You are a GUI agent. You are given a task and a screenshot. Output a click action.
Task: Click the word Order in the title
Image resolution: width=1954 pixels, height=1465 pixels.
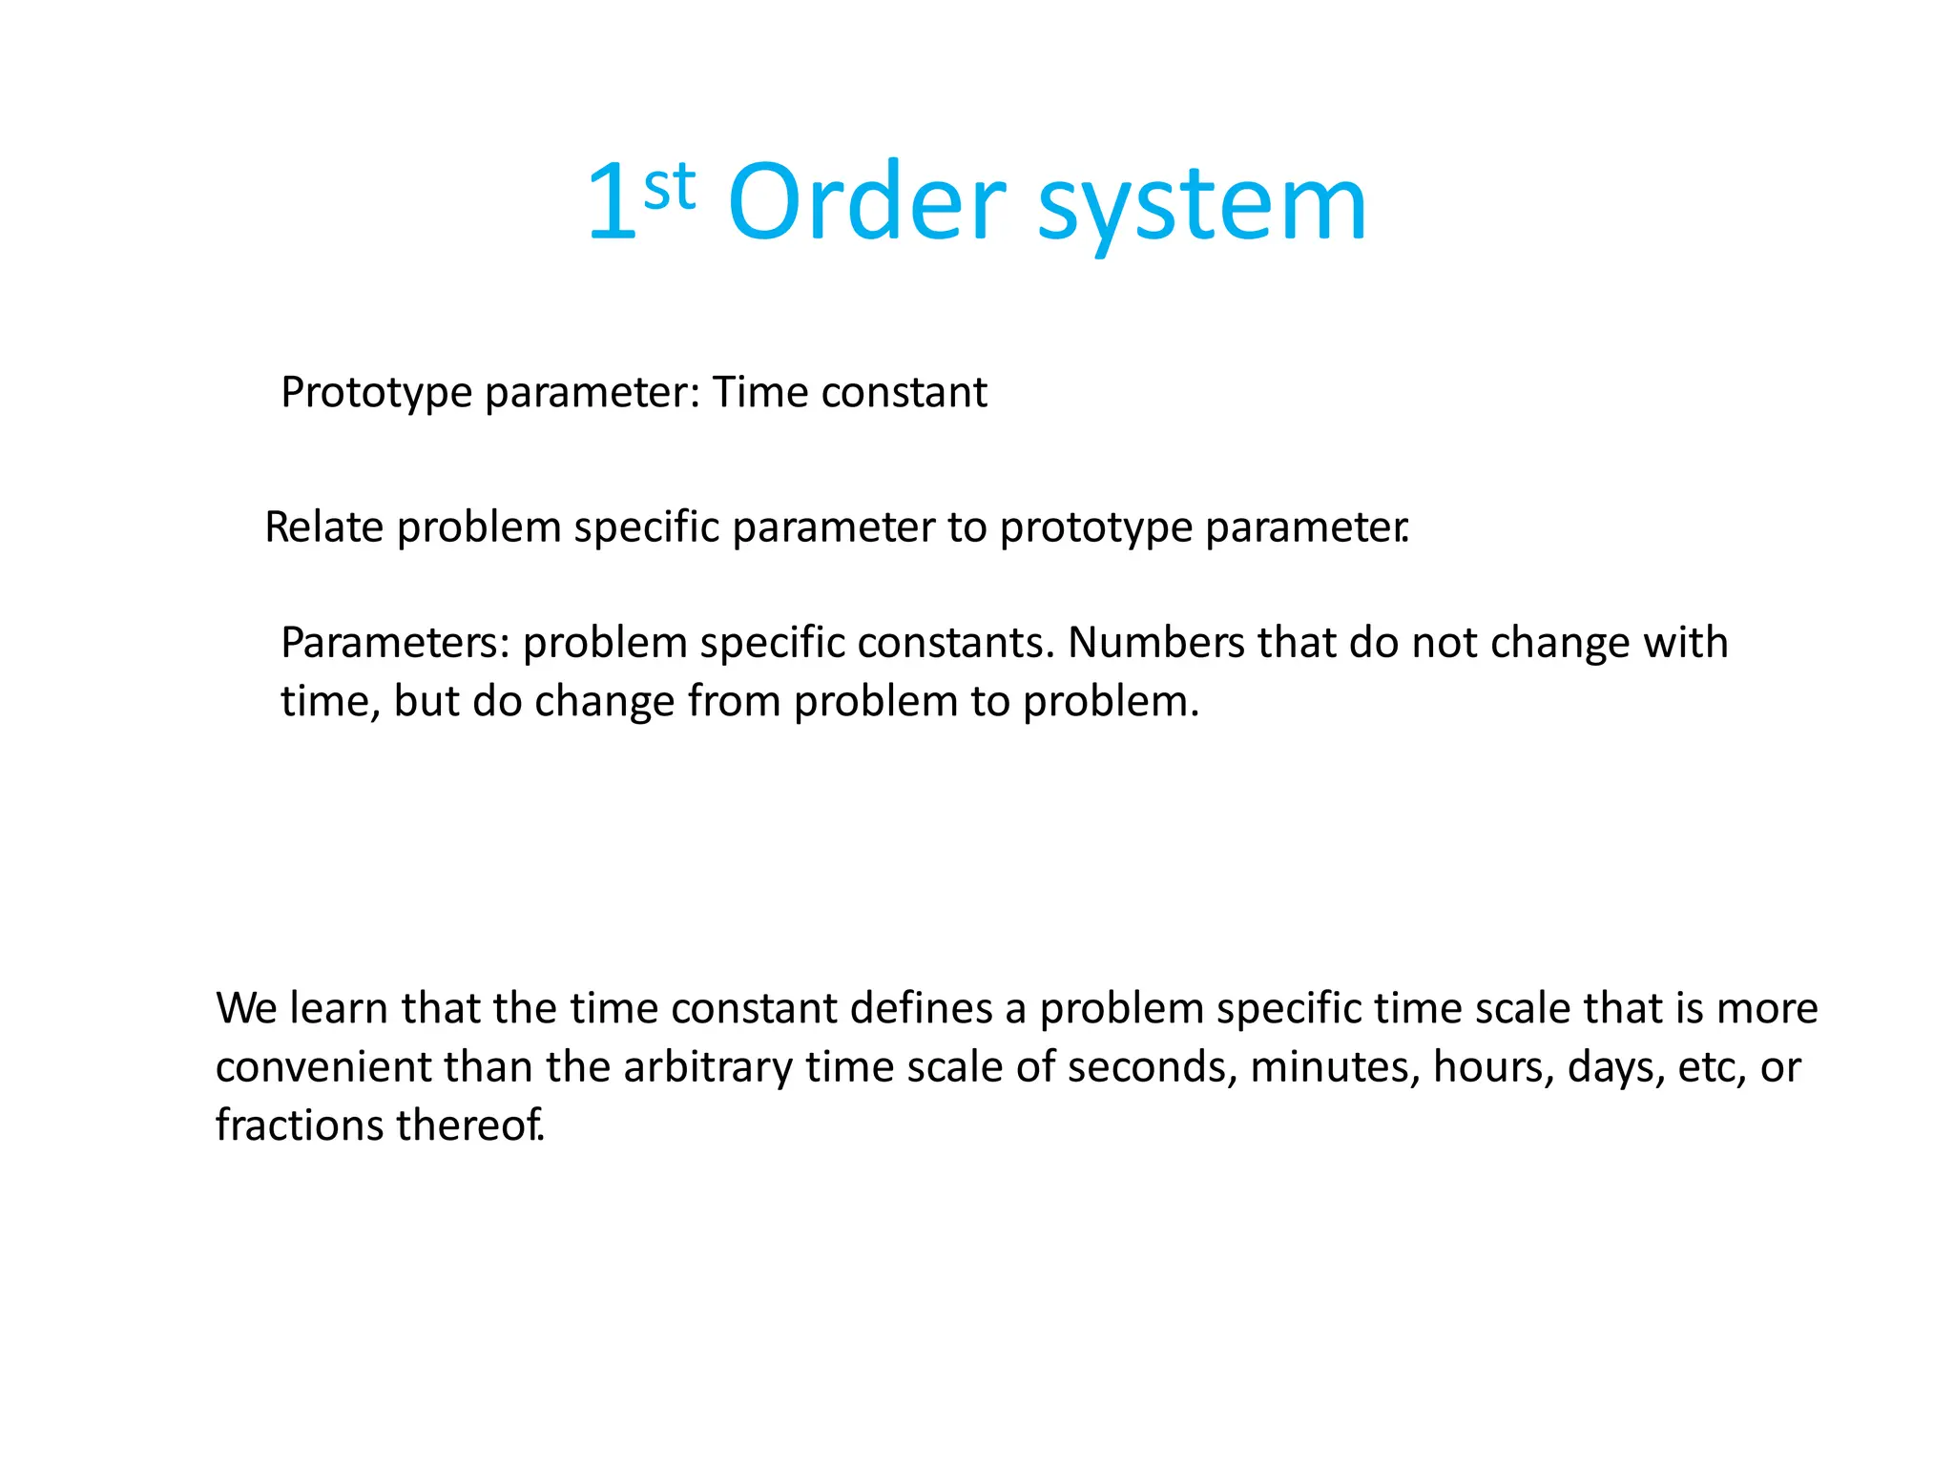coord(865,202)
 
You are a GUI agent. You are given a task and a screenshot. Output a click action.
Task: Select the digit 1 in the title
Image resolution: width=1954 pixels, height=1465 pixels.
coord(612,202)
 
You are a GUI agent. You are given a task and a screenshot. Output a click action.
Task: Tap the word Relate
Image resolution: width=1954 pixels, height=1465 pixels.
coord(324,527)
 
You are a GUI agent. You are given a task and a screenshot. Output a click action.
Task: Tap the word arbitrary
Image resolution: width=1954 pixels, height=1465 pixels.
coord(707,1068)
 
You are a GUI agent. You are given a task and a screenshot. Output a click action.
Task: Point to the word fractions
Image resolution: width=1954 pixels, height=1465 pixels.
coord(300,1125)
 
